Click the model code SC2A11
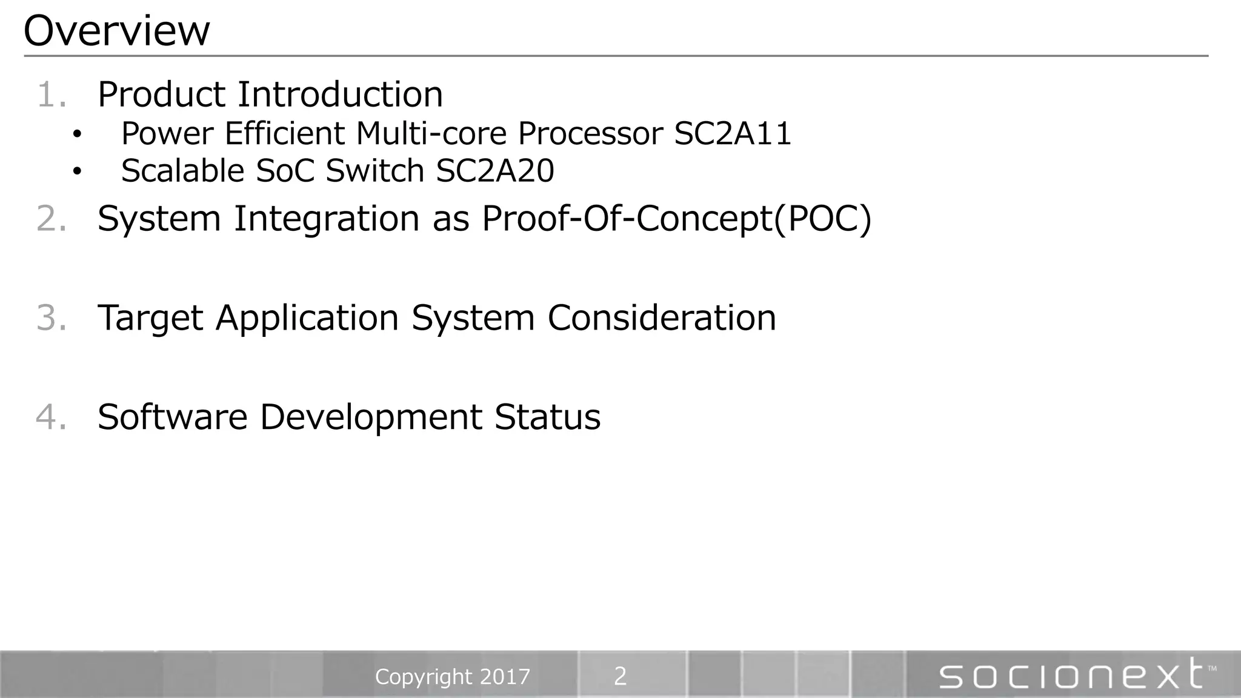point(733,134)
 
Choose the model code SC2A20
point(494,171)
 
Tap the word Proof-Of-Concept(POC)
point(676,219)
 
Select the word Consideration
point(662,318)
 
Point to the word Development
point(371,417)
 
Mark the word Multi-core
point(431,134)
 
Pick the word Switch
point(374,171)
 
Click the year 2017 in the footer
point(505,677)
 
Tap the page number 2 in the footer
point(620,676)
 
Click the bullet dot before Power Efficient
point(76,135)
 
